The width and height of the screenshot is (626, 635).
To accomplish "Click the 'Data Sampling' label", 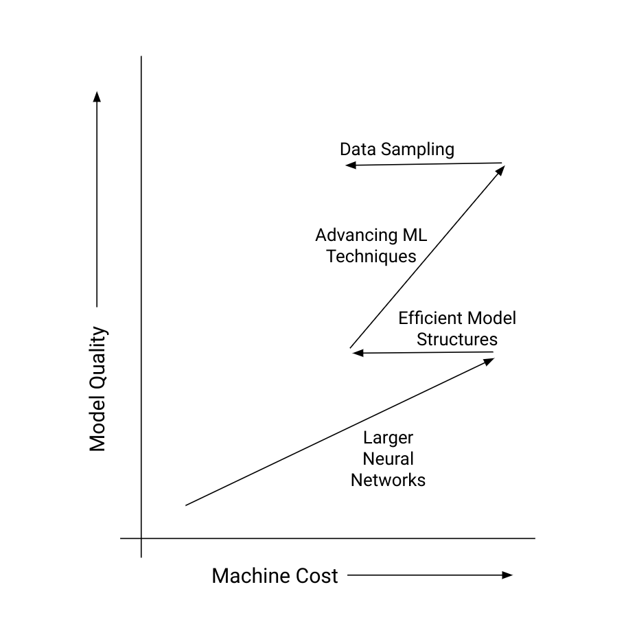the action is (x=397, y=150).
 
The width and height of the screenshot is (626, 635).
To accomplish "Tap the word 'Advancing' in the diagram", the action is (x=352, y=235).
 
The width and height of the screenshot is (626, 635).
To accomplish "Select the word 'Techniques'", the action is (x=371, y=257).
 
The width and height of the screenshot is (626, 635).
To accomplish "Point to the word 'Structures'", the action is (x=457, y=339).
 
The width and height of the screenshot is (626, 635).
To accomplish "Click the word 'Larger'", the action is (x=388, y=438).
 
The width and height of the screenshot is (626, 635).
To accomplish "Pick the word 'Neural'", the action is (x=388, y=459).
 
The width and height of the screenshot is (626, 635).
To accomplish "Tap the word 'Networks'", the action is (x=388, y=481).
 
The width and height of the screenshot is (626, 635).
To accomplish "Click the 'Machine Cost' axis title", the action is (x=275, y=576).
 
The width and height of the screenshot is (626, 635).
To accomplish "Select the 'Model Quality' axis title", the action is (x=97, y=389).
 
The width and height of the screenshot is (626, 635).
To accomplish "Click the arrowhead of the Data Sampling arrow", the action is (x=350, y=165).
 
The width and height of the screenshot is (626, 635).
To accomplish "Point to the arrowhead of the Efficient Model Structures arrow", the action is (x=358, y=353).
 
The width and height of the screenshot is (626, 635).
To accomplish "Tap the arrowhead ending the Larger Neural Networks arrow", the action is (x=490, y=362).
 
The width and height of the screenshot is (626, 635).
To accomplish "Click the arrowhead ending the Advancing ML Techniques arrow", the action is (x=501, y=170).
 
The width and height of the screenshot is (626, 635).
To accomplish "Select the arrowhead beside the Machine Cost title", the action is (x=507, y=575).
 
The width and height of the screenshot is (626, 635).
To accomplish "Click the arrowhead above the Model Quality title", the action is (x=97, y=97).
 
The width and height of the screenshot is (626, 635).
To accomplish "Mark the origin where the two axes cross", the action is (x=141, y=538).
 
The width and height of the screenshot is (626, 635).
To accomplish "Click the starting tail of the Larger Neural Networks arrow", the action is (x=186, y=505).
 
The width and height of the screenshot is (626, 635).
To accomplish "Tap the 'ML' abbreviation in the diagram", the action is (x=415, y=235).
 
